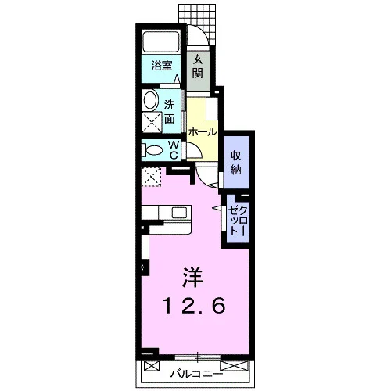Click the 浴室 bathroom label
coord(162,66)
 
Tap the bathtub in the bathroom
coord(161,41)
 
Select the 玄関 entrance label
coord(198,66)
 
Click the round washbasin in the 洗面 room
coord(151,99)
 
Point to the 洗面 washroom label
coord(169,113)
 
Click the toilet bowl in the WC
coord(154,151)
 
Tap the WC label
coord(174,150)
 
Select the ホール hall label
coord(203,132)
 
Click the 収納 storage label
coord(235,163)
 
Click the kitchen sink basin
coord(179,213)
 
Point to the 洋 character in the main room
coord(192,276)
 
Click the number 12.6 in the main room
coord(194,306)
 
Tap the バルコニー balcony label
coord(197,375)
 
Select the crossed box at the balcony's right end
coord(233,366)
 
